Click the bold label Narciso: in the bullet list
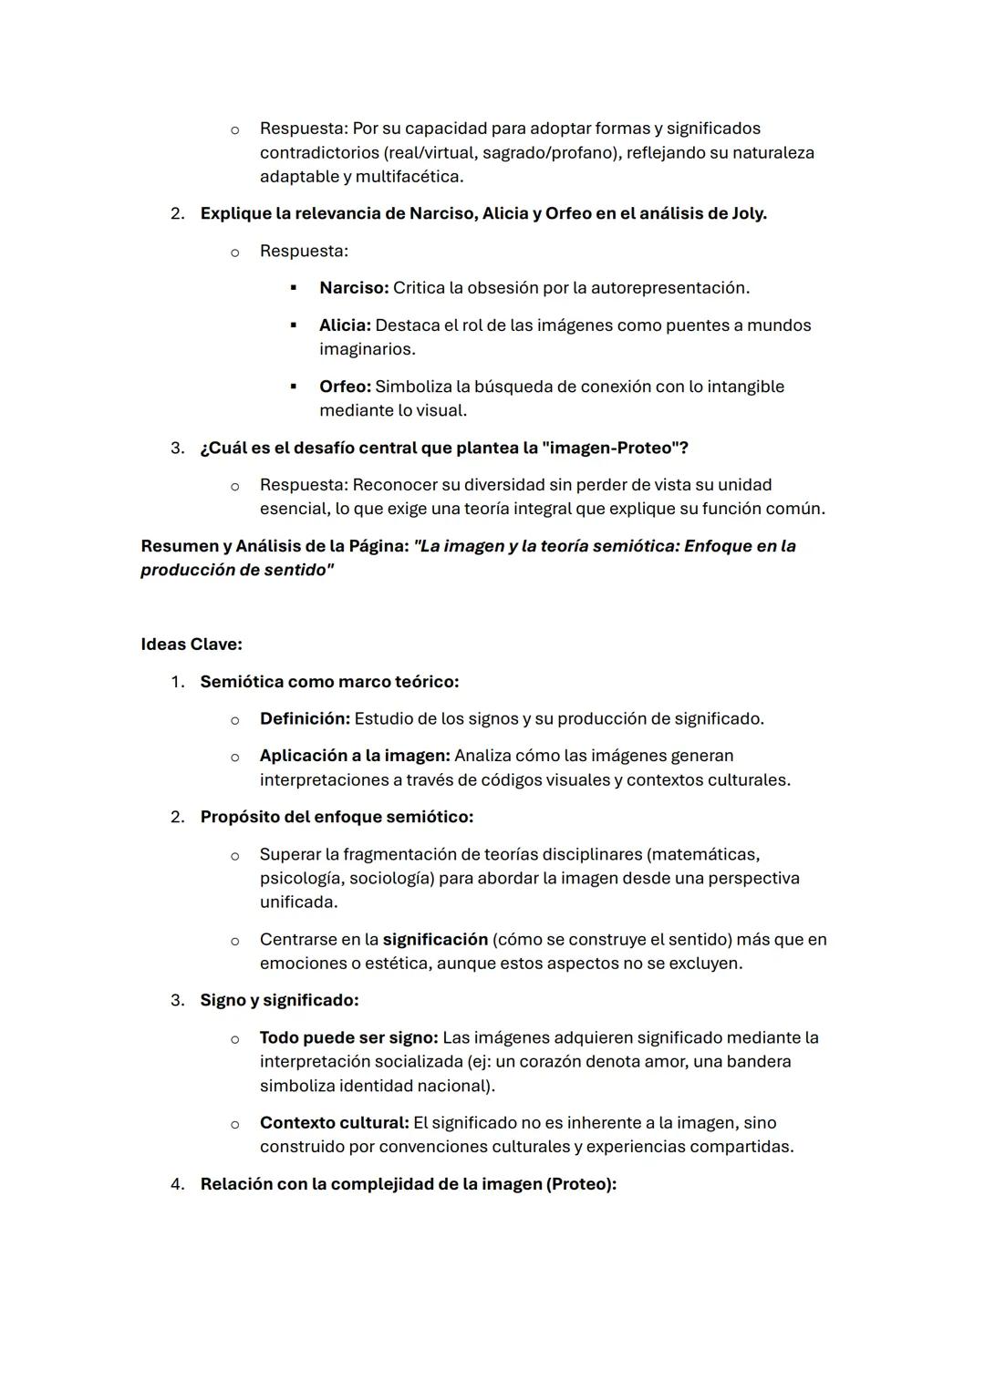353,288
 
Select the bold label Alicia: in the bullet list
344,325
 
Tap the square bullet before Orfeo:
293,387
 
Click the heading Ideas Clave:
192,644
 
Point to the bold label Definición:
305,719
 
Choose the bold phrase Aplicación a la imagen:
355,756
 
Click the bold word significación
435,940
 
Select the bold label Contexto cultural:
334,1123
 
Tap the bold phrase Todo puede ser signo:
348,1037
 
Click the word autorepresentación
669,288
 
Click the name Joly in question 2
747,213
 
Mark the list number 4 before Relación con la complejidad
177,1184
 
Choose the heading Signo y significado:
279,1000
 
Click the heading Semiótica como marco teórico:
329,682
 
